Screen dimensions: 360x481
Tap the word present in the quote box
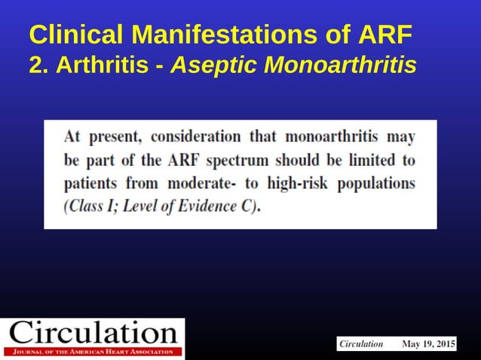pos(114,137)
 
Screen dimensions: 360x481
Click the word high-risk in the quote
pos(299,184)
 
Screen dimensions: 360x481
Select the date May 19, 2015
pos(428,344)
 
